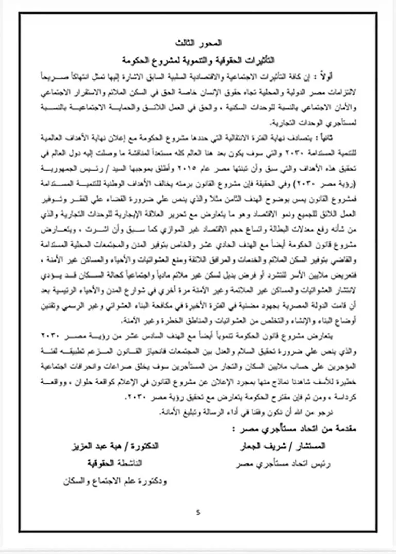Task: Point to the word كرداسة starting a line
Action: (322, 399)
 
